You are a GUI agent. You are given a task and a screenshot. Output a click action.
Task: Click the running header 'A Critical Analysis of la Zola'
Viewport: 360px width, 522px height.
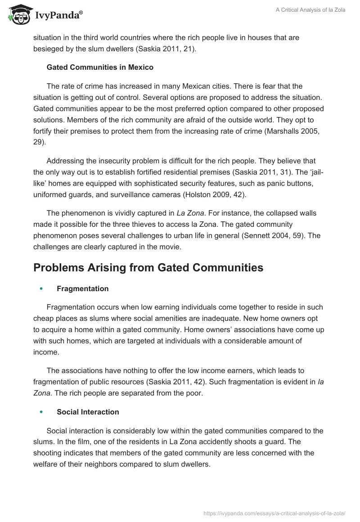pyautogui.click(x=310, y=10)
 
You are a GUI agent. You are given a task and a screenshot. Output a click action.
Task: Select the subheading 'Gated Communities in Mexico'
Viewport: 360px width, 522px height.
pyautogui.click(x=100, y=67)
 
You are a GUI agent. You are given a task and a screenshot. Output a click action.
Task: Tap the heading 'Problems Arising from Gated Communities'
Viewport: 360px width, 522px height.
pyautogui.click(x=148, y=267)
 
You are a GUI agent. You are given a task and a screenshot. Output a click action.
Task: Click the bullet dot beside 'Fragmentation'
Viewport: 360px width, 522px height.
pyautogui.click(x=41, y=289)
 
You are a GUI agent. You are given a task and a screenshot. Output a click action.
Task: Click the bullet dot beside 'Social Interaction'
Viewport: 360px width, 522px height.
pyautogui.click(x=41, y=412)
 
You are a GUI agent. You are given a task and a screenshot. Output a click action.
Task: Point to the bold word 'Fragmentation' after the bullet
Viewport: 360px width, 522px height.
pyautogui.click(x=82, y=288)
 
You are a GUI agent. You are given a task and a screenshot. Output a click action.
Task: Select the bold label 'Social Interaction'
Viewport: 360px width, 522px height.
pyautogui.click(x=88, y=412)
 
